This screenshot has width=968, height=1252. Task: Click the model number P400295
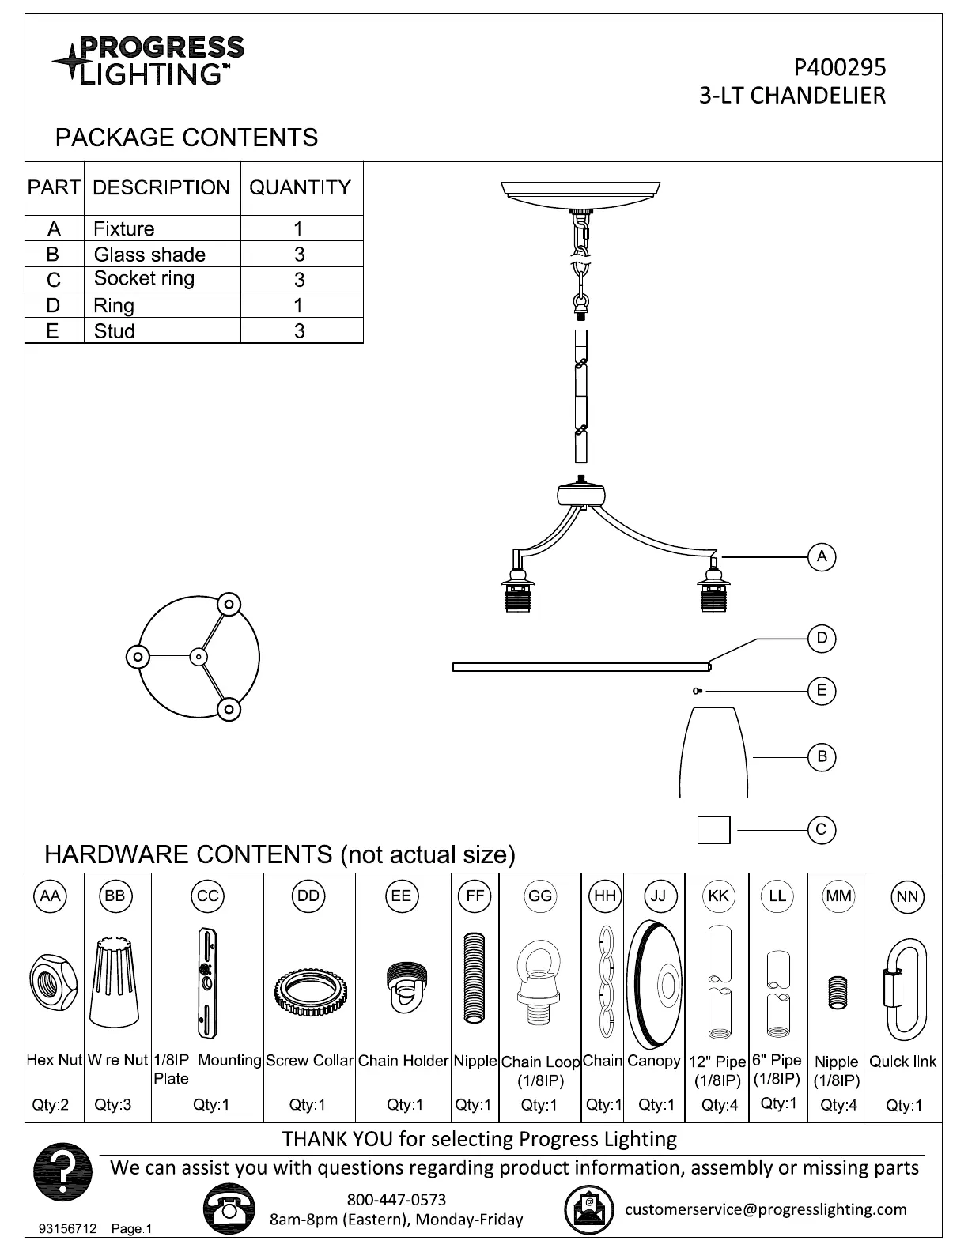pyautogui.click(x=840, y=67)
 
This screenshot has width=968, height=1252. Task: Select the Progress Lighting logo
pyautogui.click(x=149, y=60)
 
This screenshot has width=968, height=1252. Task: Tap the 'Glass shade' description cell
pyautogui.click(x=149, y=255)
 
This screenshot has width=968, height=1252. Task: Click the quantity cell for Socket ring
pyautogui.click(x=300, y=280)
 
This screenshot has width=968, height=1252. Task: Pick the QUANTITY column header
pyautogui.click(x=301, y=188)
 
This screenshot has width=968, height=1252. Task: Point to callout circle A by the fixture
pyautogui.click(x=822, y=556)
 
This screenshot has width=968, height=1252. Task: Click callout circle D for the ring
pyautogui.click(x=822, y=638)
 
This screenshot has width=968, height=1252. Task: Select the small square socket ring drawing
pyautogui.click(x=713, y=830)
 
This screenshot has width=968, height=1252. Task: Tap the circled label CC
pyautogui.click(x=207, y=896)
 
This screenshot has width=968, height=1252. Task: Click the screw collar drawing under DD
pyautogui.click(x=308, y=990)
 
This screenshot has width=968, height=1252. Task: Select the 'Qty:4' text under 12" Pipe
pyautogui.click(x=719, y=1105)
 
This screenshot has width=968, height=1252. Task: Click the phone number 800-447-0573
pyautogui.click(x=396, y=1200)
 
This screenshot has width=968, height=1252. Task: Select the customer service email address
pyautogui.click(x=766, y=1209)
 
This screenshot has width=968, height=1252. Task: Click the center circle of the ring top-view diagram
pyautogui.click(x=198, y=656)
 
